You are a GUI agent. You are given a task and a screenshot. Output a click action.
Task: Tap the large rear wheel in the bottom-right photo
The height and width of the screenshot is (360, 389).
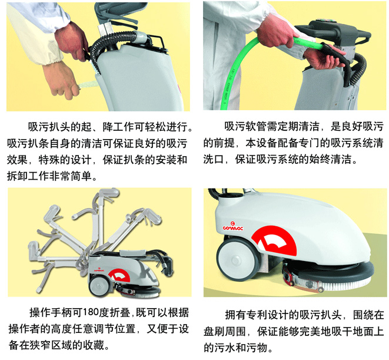(235, 259)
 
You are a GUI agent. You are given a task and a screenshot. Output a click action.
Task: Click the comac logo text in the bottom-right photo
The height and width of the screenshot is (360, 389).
(232, 228)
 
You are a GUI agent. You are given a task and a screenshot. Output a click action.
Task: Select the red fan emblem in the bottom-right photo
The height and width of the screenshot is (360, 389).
(274, 241)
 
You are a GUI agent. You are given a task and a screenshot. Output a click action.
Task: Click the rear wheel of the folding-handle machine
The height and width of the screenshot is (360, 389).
(98, 286)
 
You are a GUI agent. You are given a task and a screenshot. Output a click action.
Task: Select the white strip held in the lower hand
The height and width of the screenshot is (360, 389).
(89, 84)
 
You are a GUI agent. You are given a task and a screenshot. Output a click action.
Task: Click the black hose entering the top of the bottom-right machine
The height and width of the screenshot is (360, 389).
(215, 193)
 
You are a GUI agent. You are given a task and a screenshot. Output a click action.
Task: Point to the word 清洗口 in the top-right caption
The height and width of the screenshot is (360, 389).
(214, 159)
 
